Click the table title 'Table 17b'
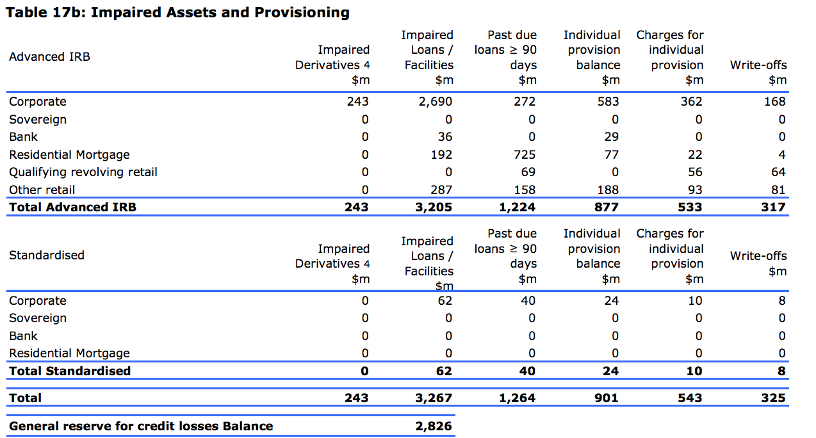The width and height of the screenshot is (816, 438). [x=177, y=12]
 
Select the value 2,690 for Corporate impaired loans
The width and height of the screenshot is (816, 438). [x=436, y=101]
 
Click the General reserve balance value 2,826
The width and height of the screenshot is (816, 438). [x=434, y=426]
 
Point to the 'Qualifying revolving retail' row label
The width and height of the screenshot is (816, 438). [x=83, y=172]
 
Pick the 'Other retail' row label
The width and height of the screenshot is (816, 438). [x=42, y=190]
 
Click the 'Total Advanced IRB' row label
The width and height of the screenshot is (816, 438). [x=73, y=207]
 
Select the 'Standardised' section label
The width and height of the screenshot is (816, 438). [x=47, y=255]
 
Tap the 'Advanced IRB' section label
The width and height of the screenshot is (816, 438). [x=50, y=56]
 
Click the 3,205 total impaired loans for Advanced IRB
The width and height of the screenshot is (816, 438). [x=434, y=207]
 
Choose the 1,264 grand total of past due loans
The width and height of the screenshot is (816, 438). [x=517, y=398]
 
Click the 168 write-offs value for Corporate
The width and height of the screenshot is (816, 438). [x=774, y=101]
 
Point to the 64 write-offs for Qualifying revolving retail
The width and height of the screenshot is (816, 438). [x=778, y=172]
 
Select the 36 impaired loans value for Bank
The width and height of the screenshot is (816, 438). [x=445, y=136]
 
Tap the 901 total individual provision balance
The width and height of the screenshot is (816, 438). [x=606, y=398]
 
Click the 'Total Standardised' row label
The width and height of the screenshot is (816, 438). [x=70, y=371]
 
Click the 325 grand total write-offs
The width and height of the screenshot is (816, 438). [x=773, y=398]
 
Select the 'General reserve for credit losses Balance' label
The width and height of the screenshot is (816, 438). [x=141, y=426]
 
